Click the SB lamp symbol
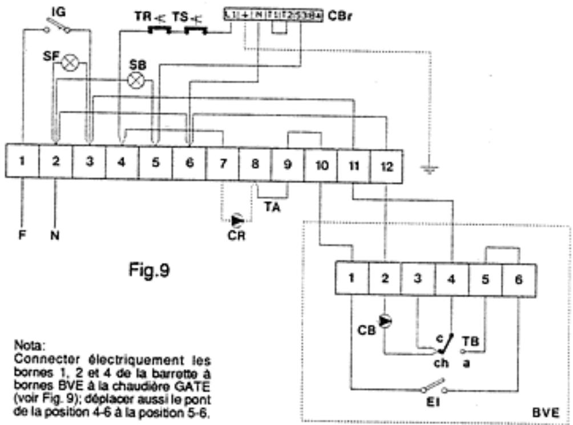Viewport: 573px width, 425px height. (x=136, y=80)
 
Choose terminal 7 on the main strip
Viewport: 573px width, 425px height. (x=222, y=163)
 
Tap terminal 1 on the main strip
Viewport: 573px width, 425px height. (x=22, y=162)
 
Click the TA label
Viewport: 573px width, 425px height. (x=272, y=208)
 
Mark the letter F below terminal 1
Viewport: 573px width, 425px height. (x=22, y=234)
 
